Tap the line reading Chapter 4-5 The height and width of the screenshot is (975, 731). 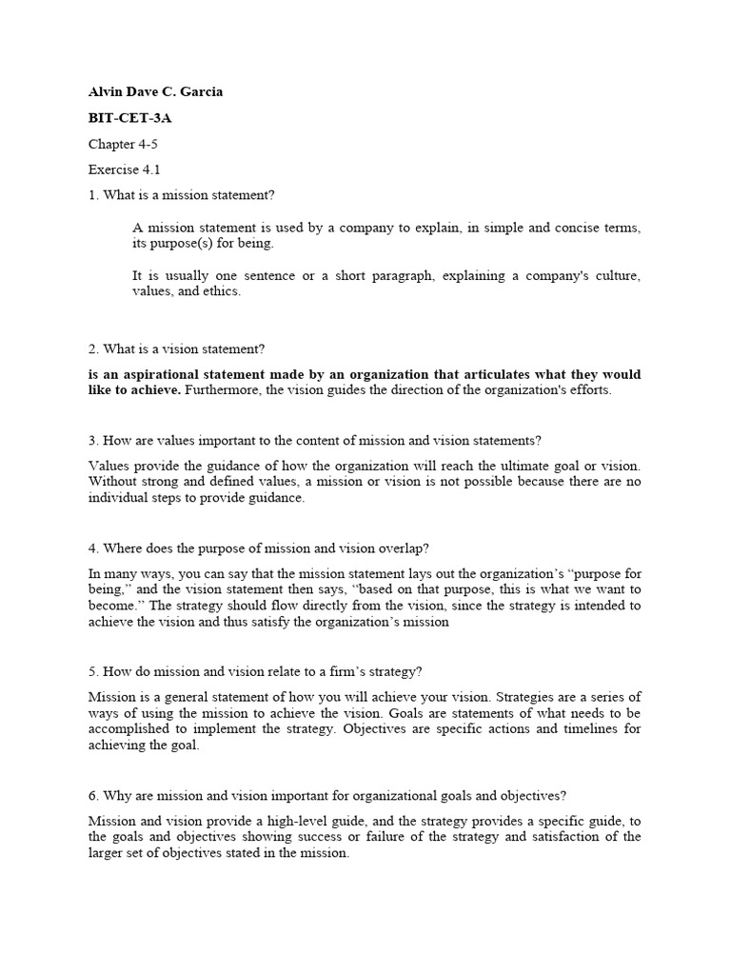(x=125, y=144)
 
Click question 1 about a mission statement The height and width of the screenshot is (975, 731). (x=182, y=195)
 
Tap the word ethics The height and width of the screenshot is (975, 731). (x=222, y=291)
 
